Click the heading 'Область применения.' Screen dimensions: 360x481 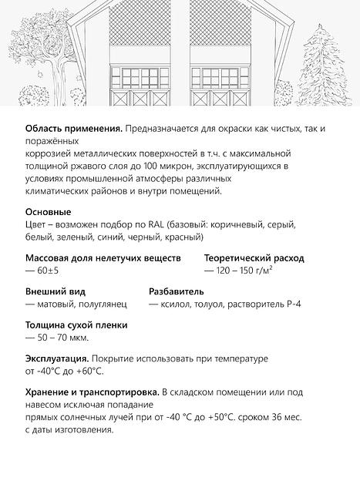73,128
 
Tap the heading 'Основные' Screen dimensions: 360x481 49,211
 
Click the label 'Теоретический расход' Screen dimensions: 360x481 254,258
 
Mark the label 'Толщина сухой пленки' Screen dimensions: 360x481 76,325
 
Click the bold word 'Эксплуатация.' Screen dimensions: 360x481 58,359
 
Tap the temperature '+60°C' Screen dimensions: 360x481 89,372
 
